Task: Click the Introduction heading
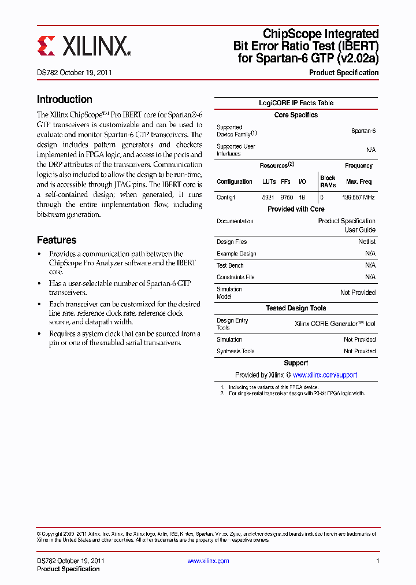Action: tap(65, 99)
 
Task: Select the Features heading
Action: tap(57, 240)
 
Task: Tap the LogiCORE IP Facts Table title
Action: tap(296, 103)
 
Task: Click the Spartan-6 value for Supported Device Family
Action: tap(363, 131)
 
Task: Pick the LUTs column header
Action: tap(269, 182)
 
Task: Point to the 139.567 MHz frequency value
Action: tap(359, 197)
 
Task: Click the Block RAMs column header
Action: tap(328, 182)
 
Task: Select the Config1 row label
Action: tap(226, 197)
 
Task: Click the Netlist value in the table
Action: tap(366, 242)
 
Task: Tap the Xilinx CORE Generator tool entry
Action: tap(335, 324)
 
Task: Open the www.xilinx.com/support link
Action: tap(325, 375)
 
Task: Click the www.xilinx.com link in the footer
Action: tap(208, 561)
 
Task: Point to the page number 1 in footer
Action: tap(377, 561)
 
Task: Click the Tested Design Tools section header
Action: tap(296, 309)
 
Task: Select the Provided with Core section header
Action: tap(296, 209)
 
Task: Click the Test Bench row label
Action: tap(230, 265)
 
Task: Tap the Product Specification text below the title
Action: tap(344, 73)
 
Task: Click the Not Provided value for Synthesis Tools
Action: tap(359, 351)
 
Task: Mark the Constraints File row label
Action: tap(235, 277)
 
